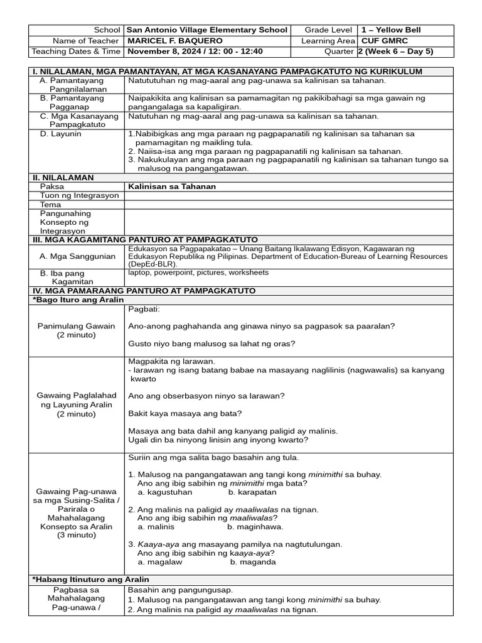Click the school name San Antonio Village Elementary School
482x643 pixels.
(207, 30)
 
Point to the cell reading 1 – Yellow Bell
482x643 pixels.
(391, 30)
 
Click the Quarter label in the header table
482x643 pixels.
(339, 51)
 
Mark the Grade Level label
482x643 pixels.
(329, 30)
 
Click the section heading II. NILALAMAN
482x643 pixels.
(63, 178)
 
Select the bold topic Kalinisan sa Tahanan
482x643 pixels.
(171, 186)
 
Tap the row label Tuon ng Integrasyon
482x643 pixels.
(79, 196)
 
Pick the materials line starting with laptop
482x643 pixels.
(198, 273)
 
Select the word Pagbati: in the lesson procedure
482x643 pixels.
(144, 310)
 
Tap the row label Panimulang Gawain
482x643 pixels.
(77, 326)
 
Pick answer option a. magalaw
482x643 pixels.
(160, 562)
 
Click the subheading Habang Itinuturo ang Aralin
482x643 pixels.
(90, 579)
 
